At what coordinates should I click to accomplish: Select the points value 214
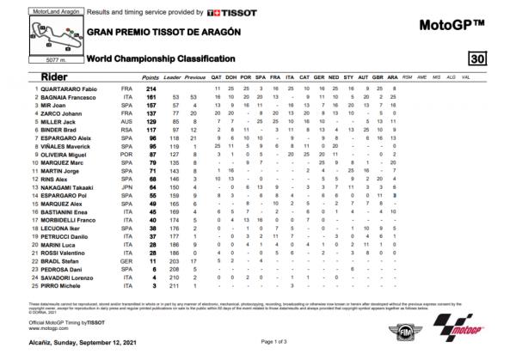point(157,88)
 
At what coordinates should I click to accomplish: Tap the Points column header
point(150,78)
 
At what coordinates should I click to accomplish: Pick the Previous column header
point(196,78)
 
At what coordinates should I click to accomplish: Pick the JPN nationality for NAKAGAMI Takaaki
point(127,185)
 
